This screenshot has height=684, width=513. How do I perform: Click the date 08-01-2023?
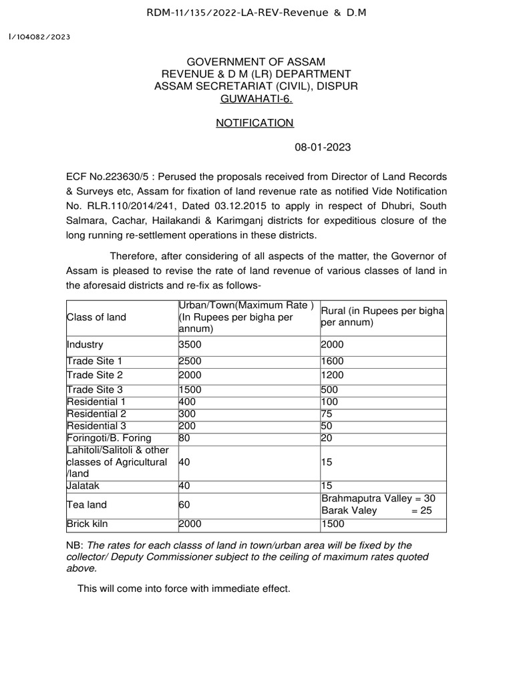click(323, 147)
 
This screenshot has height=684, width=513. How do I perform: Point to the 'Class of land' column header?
click(96, 317)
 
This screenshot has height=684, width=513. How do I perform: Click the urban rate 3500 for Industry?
click(190, 345)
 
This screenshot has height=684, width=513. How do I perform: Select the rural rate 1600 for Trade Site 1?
click(333, 361)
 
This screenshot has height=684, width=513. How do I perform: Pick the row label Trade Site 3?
click(95, 389)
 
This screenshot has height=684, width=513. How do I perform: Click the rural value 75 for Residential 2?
click(327, 414)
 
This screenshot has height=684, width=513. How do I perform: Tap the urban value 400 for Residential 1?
click(186, 402)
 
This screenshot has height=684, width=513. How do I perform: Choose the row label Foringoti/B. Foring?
click(109, 438)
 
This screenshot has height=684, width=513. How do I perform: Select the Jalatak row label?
click(83, 486)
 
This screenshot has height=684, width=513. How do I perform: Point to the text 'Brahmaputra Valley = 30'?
click(377, 498)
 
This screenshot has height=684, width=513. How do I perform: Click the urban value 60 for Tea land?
click(184, 504)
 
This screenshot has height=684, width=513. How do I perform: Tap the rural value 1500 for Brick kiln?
click(333, 524)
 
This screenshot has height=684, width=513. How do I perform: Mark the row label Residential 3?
click(96, 426)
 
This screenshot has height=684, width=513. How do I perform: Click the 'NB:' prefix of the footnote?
click(75, 544)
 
